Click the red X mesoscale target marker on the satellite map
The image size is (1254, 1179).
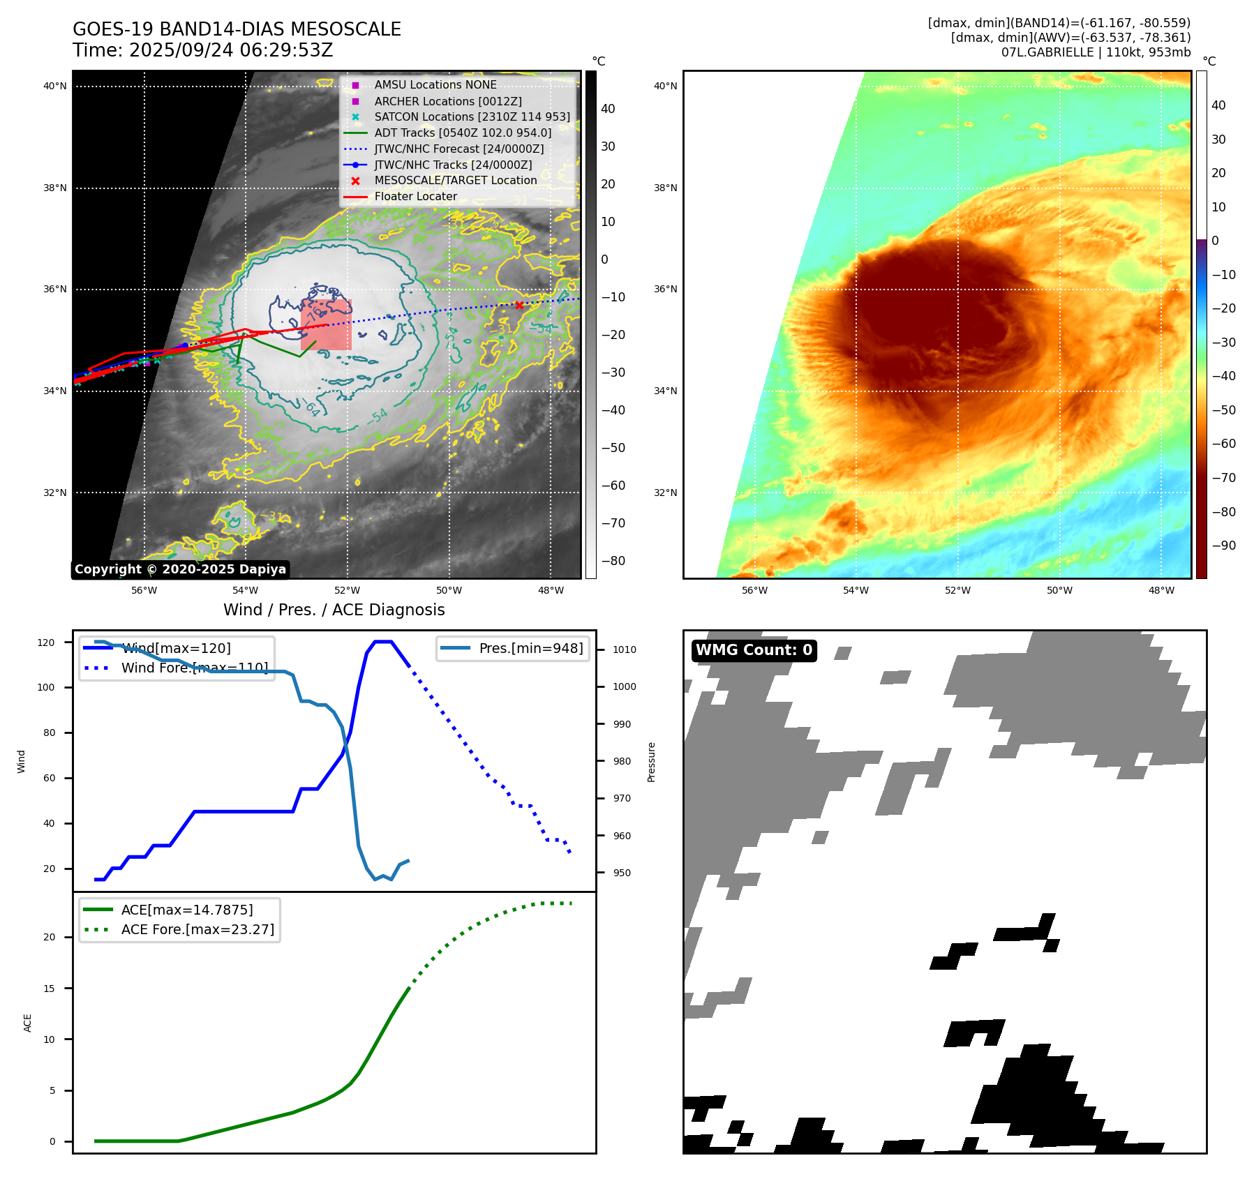pos(519,305)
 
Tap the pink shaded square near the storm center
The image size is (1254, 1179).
pos(326,325)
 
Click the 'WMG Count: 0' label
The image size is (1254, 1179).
pos(754,650)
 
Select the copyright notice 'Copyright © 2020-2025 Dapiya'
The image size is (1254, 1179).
pos(180,569)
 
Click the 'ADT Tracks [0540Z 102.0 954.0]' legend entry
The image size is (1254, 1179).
pos(463,133)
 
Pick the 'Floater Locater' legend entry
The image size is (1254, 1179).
pos(415,197)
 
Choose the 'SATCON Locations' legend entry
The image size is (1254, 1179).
pos(472,117)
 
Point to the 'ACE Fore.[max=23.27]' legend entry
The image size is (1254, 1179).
pos(197,929)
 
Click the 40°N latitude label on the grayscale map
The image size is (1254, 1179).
pos(55,87)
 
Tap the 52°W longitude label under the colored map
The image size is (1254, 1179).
pos(957,591)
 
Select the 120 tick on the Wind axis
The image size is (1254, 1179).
pos(46,643)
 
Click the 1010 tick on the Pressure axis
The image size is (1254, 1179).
pos(625,649)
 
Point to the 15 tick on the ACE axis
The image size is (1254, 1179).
pos(49,989)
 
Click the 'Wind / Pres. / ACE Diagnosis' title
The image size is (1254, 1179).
pos(334,610)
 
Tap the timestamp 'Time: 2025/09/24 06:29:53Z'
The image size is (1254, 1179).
pos(202,50)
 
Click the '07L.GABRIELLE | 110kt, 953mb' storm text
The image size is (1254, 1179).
pos(1096,52)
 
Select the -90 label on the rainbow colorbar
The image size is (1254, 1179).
pos(1223,546)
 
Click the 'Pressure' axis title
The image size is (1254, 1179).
pos(651,762)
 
